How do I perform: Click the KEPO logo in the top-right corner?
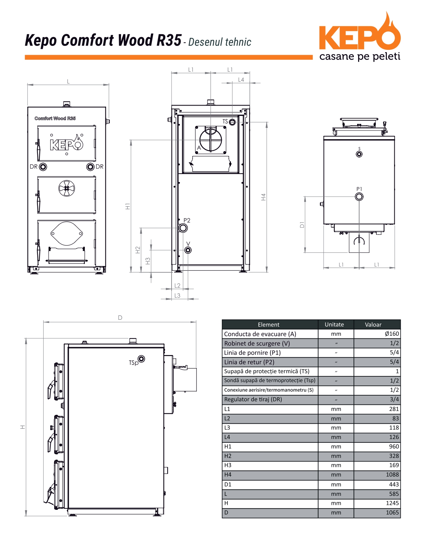(x=359, y=36)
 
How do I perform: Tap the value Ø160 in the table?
(x=392, y=334)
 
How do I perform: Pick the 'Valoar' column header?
(x=373, y=324)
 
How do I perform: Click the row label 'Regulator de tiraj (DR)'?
(x=253, y=399)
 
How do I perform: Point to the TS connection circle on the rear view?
(x=232, y=122)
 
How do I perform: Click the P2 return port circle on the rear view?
(x=183, y=228)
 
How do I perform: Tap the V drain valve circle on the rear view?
(x=188, y=250)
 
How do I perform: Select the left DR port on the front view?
(x=43, y=167)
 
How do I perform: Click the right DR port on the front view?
(x=90, y=167)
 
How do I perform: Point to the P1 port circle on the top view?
(x=359, y=197)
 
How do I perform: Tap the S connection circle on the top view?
(x=359, y=154)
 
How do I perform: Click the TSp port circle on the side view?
(x=141, y=359)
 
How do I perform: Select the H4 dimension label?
(x=263, y=197)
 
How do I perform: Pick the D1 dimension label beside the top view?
(x=302, y=225)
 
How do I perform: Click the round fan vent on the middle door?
(x=67, y=188)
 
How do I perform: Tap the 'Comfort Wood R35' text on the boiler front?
(x=55, y=118)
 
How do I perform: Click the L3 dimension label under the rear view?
(x=177, y=295)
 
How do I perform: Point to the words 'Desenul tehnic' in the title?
(x=220, y=42)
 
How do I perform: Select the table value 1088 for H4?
(x=392, y=474)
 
